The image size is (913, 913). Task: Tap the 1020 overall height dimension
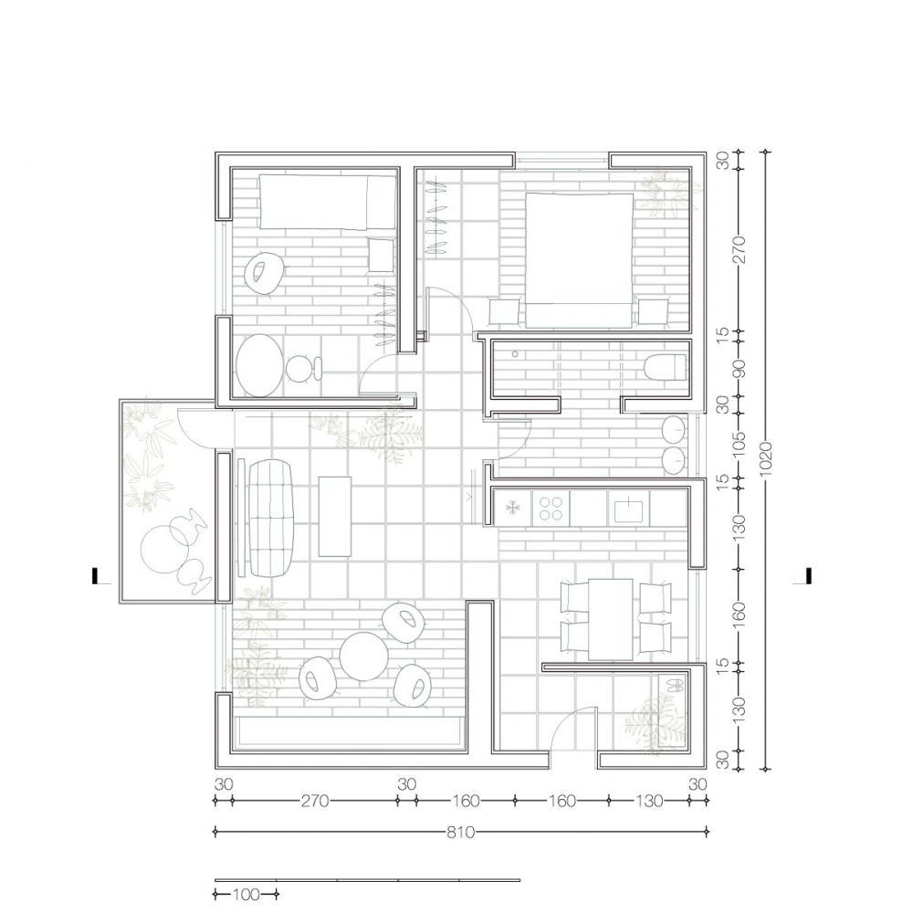coord(766,459)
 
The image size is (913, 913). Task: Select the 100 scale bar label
coord(247,894)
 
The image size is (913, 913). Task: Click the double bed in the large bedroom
coord(580,260)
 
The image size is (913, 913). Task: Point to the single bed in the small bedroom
coord(327,202)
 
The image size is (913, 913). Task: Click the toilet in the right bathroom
coord(666,366)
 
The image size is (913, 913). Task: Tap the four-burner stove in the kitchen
coord(551,508)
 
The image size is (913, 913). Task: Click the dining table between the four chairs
coord(610,619)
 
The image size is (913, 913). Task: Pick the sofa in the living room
coord(272,518)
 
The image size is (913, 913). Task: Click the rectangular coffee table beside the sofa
coord(335,517)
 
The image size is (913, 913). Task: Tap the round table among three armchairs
coord(364,656)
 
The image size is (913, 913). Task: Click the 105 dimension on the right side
coord(740,446)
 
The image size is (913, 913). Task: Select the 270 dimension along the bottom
coord(315,802)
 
